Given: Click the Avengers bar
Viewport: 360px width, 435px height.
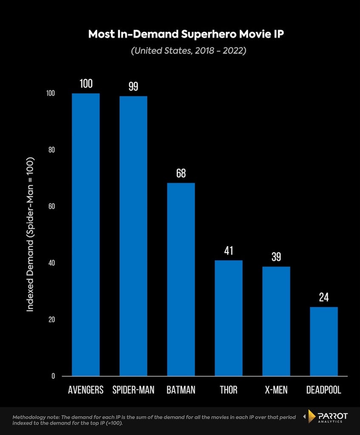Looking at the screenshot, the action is point(86,234).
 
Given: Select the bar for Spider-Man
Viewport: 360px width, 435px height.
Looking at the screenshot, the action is point(133,236).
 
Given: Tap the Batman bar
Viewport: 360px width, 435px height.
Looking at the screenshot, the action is point(181,280).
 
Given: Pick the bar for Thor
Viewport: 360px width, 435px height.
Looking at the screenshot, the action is point(228,318).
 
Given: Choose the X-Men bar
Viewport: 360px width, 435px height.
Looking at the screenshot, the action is point(276,321).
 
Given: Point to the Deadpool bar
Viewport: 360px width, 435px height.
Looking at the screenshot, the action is point(324,342).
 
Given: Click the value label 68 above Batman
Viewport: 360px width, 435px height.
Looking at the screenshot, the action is point(181,173).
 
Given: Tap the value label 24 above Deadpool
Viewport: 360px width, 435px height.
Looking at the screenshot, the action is point(324,297).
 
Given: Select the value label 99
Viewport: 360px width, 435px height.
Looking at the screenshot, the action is point(133,87).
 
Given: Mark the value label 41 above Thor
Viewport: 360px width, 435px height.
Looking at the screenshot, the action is point(228,251).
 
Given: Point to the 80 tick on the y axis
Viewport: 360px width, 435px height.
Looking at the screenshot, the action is point(51,150).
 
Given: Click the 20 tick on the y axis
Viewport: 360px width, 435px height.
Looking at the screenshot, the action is point(51,319).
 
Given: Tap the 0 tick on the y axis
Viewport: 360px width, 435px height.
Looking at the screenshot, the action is point(53,376).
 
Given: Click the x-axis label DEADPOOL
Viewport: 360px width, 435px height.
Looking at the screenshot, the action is point(323,390).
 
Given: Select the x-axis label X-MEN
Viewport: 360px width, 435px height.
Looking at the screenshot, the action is point(276,390).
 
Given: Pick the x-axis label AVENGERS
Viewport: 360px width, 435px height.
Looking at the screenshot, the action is point(86,390).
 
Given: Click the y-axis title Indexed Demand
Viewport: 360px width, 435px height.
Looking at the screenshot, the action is point(30,234).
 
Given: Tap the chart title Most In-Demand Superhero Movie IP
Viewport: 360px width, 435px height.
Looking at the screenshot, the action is point(186,34).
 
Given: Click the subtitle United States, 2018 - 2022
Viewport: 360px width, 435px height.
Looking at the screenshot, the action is point(188,51).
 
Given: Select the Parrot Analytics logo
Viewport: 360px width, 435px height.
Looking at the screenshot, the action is point(325,417).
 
